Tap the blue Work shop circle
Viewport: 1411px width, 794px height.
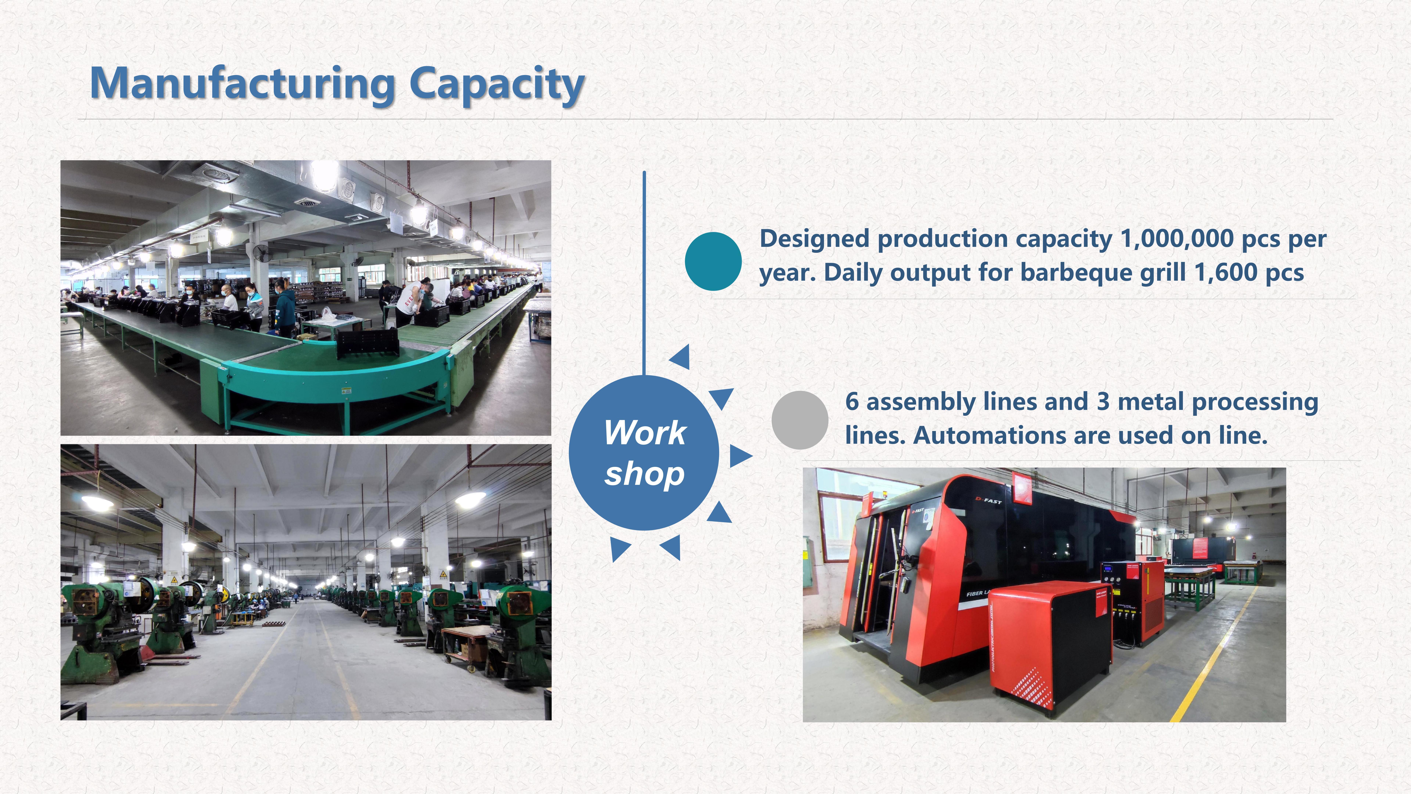pos(644,453)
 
